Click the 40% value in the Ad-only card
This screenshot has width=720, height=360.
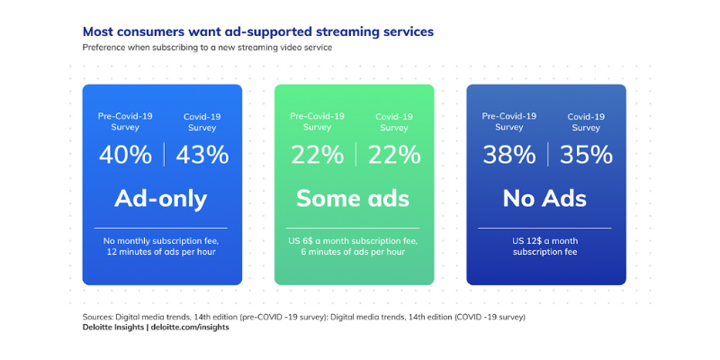click(x=125, y=155)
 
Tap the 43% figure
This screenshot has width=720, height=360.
click(x=202, y=155)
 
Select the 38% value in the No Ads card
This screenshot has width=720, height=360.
click(x=508, y=155)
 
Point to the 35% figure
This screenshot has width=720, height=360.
click(x=586, y=155)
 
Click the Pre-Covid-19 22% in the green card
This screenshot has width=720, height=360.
click(x=318, y=155)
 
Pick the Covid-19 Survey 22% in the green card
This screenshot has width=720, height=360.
click(x=394, y=155)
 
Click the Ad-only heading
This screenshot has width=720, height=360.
click(x=161, y=198)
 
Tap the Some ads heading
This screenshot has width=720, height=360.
click(x=353, y=198)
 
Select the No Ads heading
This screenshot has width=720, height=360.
click(x=544, y=198)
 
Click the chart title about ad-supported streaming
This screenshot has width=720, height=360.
click(x=258, y=31)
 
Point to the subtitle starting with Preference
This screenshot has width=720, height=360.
click(x=207, y=48)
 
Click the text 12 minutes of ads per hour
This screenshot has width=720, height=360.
click(x=161, y=252)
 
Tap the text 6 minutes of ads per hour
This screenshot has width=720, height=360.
click(x=353, y=252)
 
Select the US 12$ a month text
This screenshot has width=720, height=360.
click(x=545, y=241)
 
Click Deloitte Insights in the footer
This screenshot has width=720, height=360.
click(x=113, y=328)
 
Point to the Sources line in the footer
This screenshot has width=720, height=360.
click(x=304, y=318)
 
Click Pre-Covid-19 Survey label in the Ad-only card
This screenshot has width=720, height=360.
click(x=125, y=121)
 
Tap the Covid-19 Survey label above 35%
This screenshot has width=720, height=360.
click(x=586, y=121)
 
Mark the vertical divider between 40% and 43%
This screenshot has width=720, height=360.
click(x=164, y=154)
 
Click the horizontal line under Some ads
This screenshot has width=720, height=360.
click(x=353, y=228)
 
